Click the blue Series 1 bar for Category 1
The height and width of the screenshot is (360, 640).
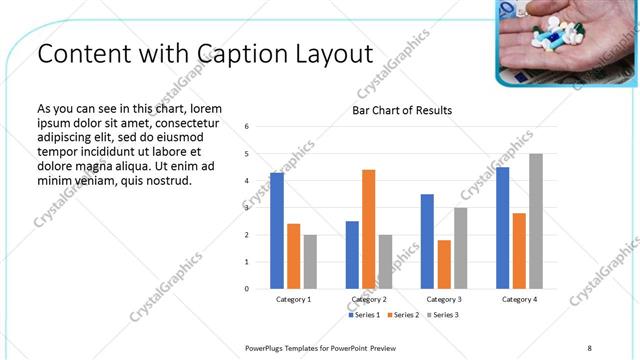(277, 231)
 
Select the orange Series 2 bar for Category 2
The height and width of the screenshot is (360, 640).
(369, 229)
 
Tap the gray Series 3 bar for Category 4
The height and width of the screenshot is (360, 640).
(536, 221)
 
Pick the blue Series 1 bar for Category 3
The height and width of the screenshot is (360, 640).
(427, 241)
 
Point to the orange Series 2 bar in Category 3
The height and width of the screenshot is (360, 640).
(444, 264)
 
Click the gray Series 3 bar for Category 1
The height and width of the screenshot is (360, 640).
(310, 261)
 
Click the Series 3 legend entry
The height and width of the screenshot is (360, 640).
(444, 315)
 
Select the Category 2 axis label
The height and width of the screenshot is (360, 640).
(369, 299)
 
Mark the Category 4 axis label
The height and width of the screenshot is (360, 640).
(519, 299)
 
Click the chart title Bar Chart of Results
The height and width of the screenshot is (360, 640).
(402, 110)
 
